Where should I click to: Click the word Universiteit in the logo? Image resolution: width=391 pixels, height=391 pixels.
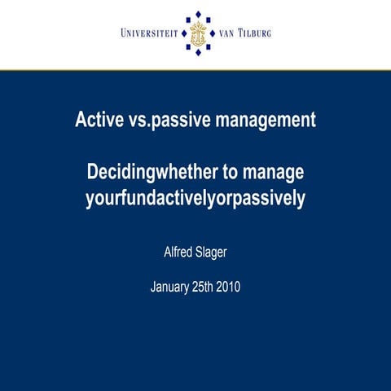point(151,33)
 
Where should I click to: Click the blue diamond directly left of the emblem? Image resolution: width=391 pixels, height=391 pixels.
point(182,33)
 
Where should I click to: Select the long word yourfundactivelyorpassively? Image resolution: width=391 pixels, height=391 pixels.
point(195,198)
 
